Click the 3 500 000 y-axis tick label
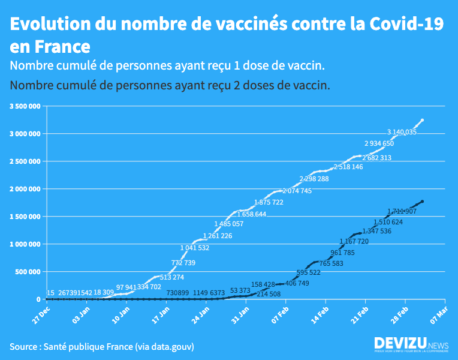pos(25,106)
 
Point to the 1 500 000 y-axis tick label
pos(25,217)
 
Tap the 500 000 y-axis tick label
pos(29,272)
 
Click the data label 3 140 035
pos(402,132)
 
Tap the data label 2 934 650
pos(379,143)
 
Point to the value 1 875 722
pos(269,202)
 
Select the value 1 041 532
pos(195,248)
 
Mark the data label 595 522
pos(309,272)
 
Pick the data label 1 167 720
pos(354,241)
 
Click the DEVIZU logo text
pos(400,343)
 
